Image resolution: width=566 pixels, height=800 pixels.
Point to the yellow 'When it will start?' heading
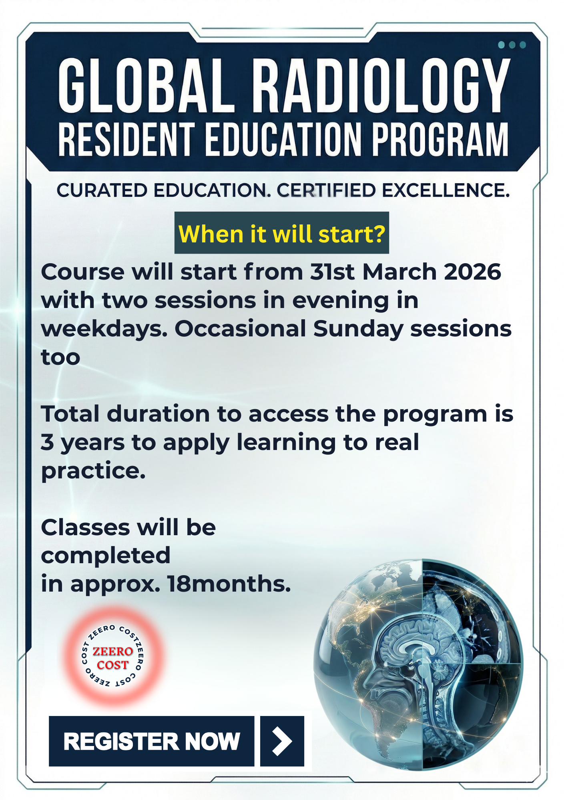click(x=282, y=234)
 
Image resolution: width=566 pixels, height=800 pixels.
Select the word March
click(x=399, y=272)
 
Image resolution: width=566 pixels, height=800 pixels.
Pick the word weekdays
click(x=104, y=330)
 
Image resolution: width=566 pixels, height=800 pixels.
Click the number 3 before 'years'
click(x=47, y=442)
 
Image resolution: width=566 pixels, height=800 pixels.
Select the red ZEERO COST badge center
click(x=112, y=658)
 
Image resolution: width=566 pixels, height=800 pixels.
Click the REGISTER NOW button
click(x=151, y=741)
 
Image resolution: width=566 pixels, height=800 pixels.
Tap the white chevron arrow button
click(x=282, y=741)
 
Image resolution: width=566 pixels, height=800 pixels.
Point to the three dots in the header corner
click(x=512, y=45)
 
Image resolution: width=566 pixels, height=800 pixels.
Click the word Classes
click(x=85, y=528)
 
